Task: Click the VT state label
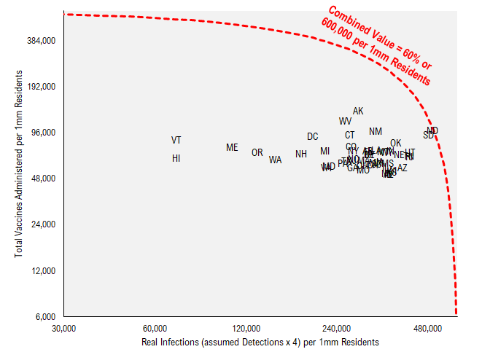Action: tap(176, 140)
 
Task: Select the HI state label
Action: tap(176, 158)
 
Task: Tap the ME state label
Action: tap(232, 147)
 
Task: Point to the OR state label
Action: tap(257, 153)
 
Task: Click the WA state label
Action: tap(275, 160)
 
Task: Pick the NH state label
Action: tap(301, 154)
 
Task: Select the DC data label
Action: tap(312, 136)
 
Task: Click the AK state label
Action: tap(358, 111)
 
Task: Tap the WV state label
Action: tap(345, 121)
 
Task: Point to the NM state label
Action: tap(376, 132)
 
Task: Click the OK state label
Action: tap(396, 144)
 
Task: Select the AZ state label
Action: tap(403, 168)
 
